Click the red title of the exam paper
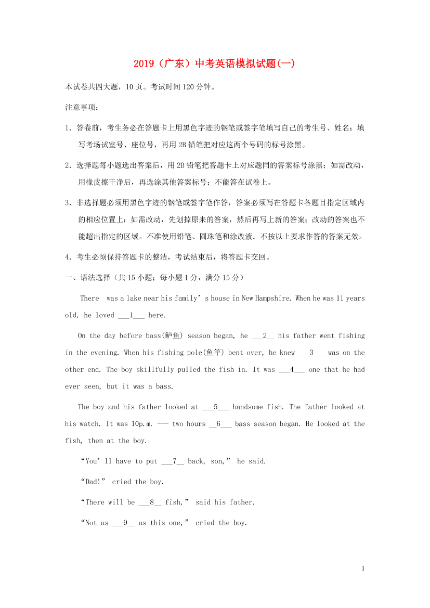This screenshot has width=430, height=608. tap(214, 64)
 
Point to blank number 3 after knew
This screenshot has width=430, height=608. tap(311, 353)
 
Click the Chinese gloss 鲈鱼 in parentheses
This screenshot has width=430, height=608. tap(171, 336)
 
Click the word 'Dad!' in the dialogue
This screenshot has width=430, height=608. tap(94, 482)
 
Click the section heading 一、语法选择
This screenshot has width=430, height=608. tap(87, 278)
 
